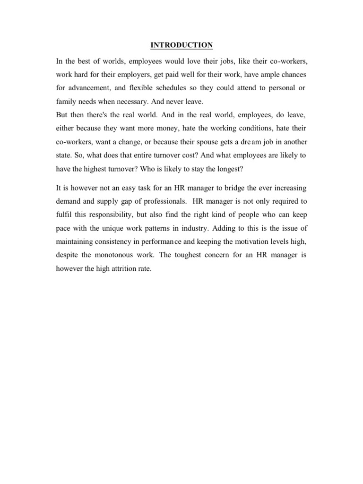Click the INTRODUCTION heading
click(x=182, y=45)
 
